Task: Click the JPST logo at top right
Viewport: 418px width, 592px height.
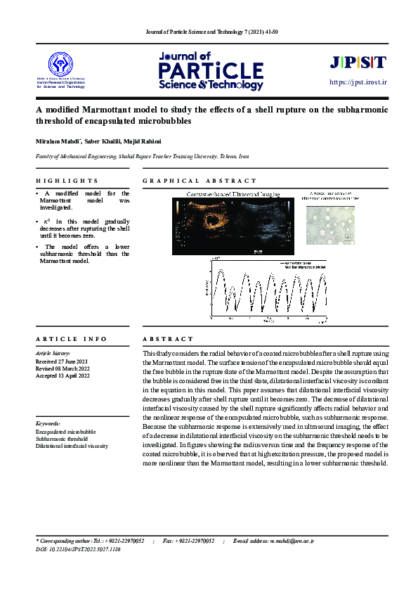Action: tap(358, 62)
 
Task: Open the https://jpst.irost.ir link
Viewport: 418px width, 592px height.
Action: tap(358, 82)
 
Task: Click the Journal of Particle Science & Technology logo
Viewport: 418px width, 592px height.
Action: tap(211, 71)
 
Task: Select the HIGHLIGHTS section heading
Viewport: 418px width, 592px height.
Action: tap(67, 181)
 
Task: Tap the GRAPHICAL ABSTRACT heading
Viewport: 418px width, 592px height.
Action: tap(200, 181)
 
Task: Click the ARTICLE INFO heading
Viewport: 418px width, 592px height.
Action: tap(71, 339)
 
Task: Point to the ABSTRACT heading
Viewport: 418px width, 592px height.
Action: tap(167, 339)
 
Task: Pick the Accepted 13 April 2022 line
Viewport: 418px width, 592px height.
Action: tap(63, 376)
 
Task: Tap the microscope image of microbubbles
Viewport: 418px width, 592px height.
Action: tap(330, 224)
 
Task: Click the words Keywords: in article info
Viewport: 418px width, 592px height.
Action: tap(48, 423)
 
